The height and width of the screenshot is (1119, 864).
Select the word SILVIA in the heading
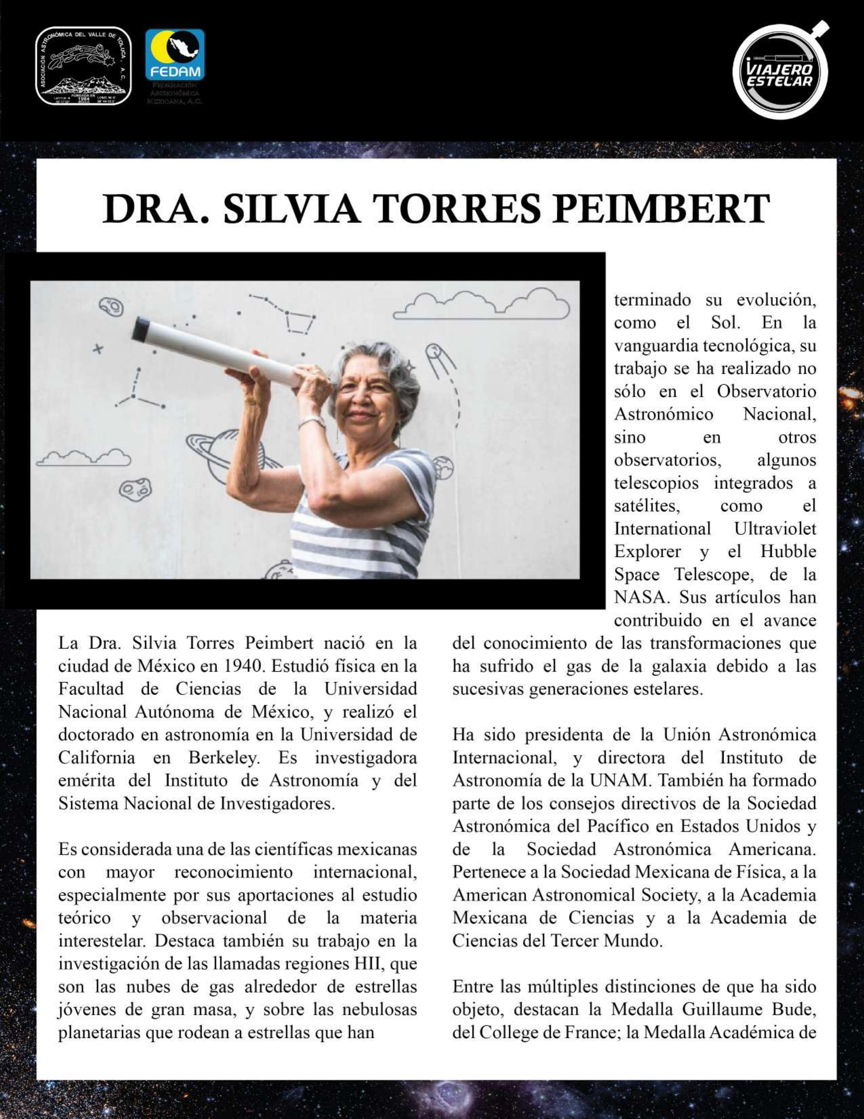pyautogui.click(x=291, y=209)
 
